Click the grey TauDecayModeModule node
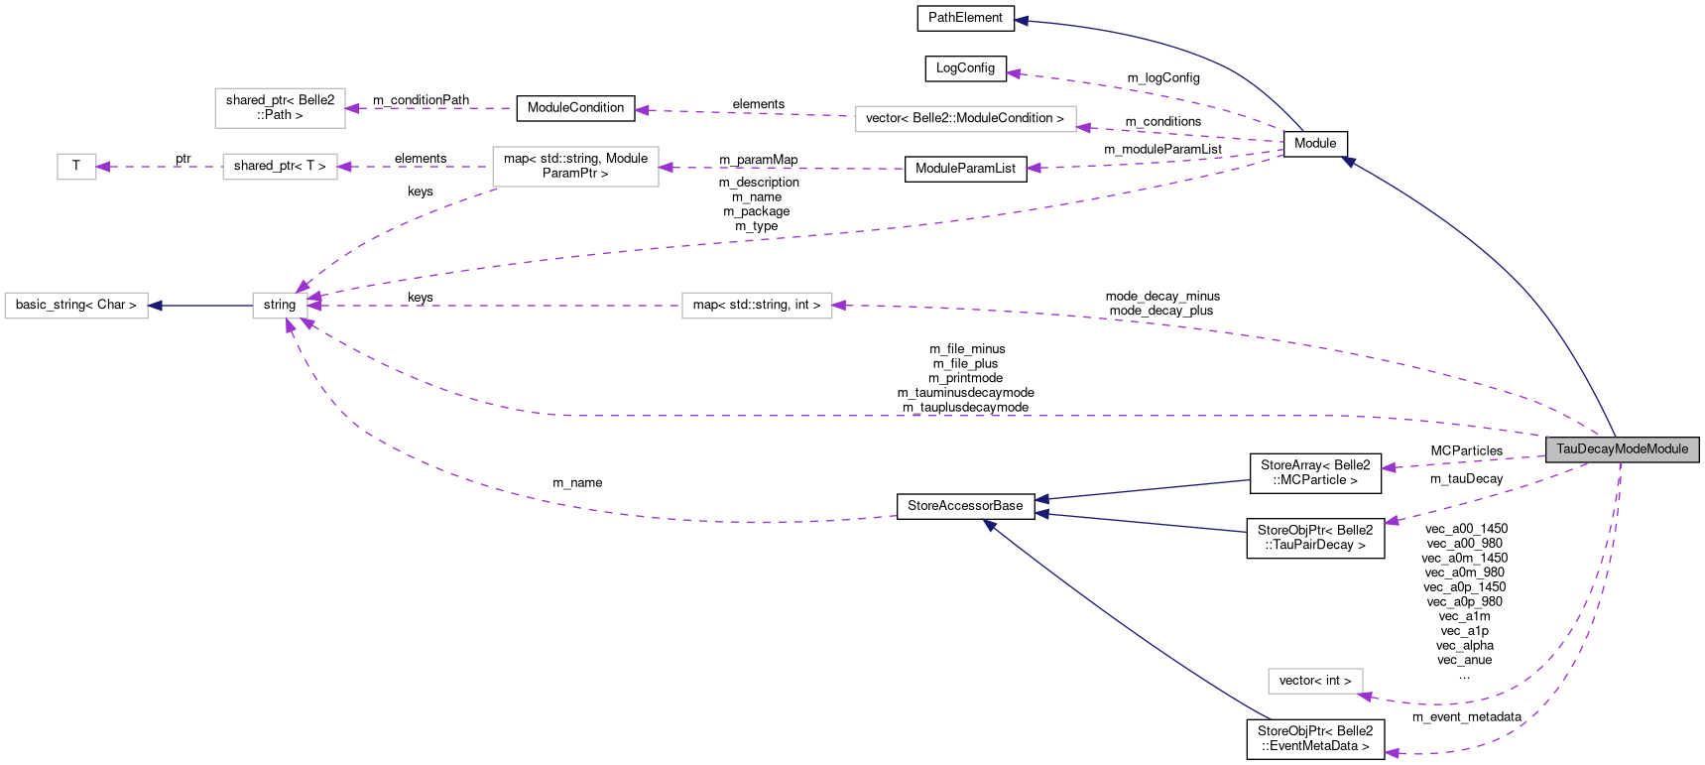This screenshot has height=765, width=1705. point(1622,449)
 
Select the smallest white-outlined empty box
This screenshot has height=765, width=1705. point(76,167)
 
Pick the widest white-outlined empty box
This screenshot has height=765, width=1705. point(965,119)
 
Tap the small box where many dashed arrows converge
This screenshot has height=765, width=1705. point(280,306)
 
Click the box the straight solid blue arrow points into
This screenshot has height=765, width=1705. point(76,306)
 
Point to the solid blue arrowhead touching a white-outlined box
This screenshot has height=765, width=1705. point(155,306)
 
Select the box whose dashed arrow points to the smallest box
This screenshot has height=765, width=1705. point(280,167)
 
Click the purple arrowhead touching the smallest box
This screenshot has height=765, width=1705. point(103,167)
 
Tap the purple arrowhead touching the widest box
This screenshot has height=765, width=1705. point(1083,127)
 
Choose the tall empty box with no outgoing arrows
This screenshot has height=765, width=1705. point(280,108)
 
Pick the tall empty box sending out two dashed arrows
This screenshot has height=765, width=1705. point(575,167)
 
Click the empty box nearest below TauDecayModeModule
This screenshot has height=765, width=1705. point(1315,682)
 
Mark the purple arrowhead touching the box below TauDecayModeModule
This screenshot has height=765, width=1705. point(1366,697)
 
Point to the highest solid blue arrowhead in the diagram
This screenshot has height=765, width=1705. point(1021,20)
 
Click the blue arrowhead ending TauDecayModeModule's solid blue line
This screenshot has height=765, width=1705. point(1348,161)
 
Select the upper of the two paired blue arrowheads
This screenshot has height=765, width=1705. point(1040,499)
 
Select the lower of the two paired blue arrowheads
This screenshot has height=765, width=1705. point(1040,514)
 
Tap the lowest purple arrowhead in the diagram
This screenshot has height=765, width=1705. point(1391,753)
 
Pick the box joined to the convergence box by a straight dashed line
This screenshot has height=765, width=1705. point(757,306)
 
